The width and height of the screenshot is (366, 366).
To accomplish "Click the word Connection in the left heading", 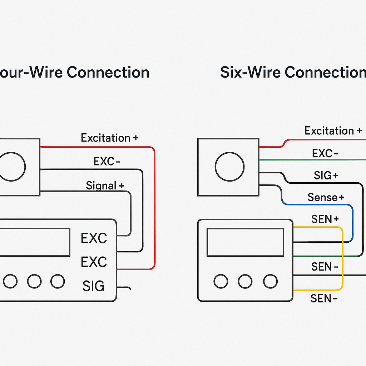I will click(108, 72).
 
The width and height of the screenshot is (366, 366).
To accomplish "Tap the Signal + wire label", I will click(105, 186).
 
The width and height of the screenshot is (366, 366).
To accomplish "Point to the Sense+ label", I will click(326, 197).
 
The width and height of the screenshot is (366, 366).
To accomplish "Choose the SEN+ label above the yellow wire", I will click(325, 219).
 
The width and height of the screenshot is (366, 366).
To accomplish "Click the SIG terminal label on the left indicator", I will click(93, 286).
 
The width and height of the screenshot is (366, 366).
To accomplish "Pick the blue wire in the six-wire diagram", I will click(352, 222).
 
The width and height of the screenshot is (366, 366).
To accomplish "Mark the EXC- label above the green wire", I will click(325, 154).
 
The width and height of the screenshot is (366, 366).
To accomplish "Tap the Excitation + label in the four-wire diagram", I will click(109, 138).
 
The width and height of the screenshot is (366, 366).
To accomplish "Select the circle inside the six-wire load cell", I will click(229, 167).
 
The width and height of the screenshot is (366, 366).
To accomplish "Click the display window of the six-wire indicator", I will click(245, 242).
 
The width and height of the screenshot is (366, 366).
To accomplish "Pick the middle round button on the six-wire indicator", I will click(245, 281).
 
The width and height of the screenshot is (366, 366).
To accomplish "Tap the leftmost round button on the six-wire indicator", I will click(221, 281).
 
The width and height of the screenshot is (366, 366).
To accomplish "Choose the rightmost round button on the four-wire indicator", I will click(58, 281).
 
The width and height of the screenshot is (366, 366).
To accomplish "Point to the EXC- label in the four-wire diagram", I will click(107, 162).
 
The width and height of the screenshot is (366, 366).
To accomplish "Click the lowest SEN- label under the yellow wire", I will click(324, 298).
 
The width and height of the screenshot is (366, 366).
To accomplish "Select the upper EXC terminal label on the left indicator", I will click(94, 238).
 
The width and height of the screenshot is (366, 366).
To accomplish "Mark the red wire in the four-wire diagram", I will click(154, 207).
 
